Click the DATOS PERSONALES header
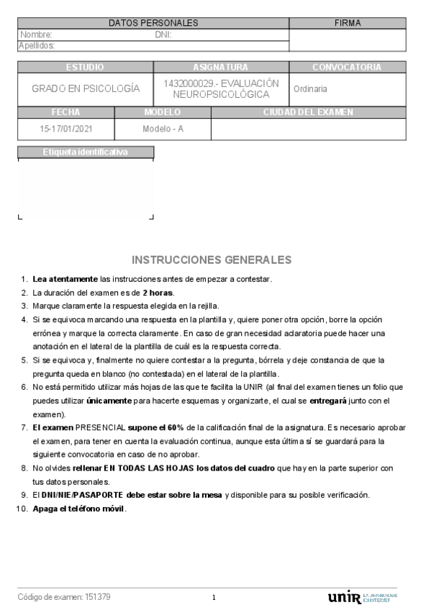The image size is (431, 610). point(153,23)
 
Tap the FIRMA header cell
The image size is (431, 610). point(348,23)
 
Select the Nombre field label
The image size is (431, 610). point(36,35)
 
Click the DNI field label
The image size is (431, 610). point(163,35)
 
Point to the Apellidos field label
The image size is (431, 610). point(37,45)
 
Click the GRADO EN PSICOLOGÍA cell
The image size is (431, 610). point(86,89)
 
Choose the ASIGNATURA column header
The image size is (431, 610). point(220,67)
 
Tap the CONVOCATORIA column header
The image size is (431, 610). point(347,67)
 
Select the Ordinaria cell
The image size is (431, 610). point(310,89)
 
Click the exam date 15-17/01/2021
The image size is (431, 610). point(66,129)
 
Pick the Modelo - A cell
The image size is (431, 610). point(163,129)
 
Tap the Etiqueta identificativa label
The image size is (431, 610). point(85,152)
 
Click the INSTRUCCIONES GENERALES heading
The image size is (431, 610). point(212,260)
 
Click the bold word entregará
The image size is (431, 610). point(333,401)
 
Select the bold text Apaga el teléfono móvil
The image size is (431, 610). point(79,509)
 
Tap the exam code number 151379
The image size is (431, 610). point(97,597)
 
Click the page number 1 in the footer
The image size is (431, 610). point(214,598)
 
